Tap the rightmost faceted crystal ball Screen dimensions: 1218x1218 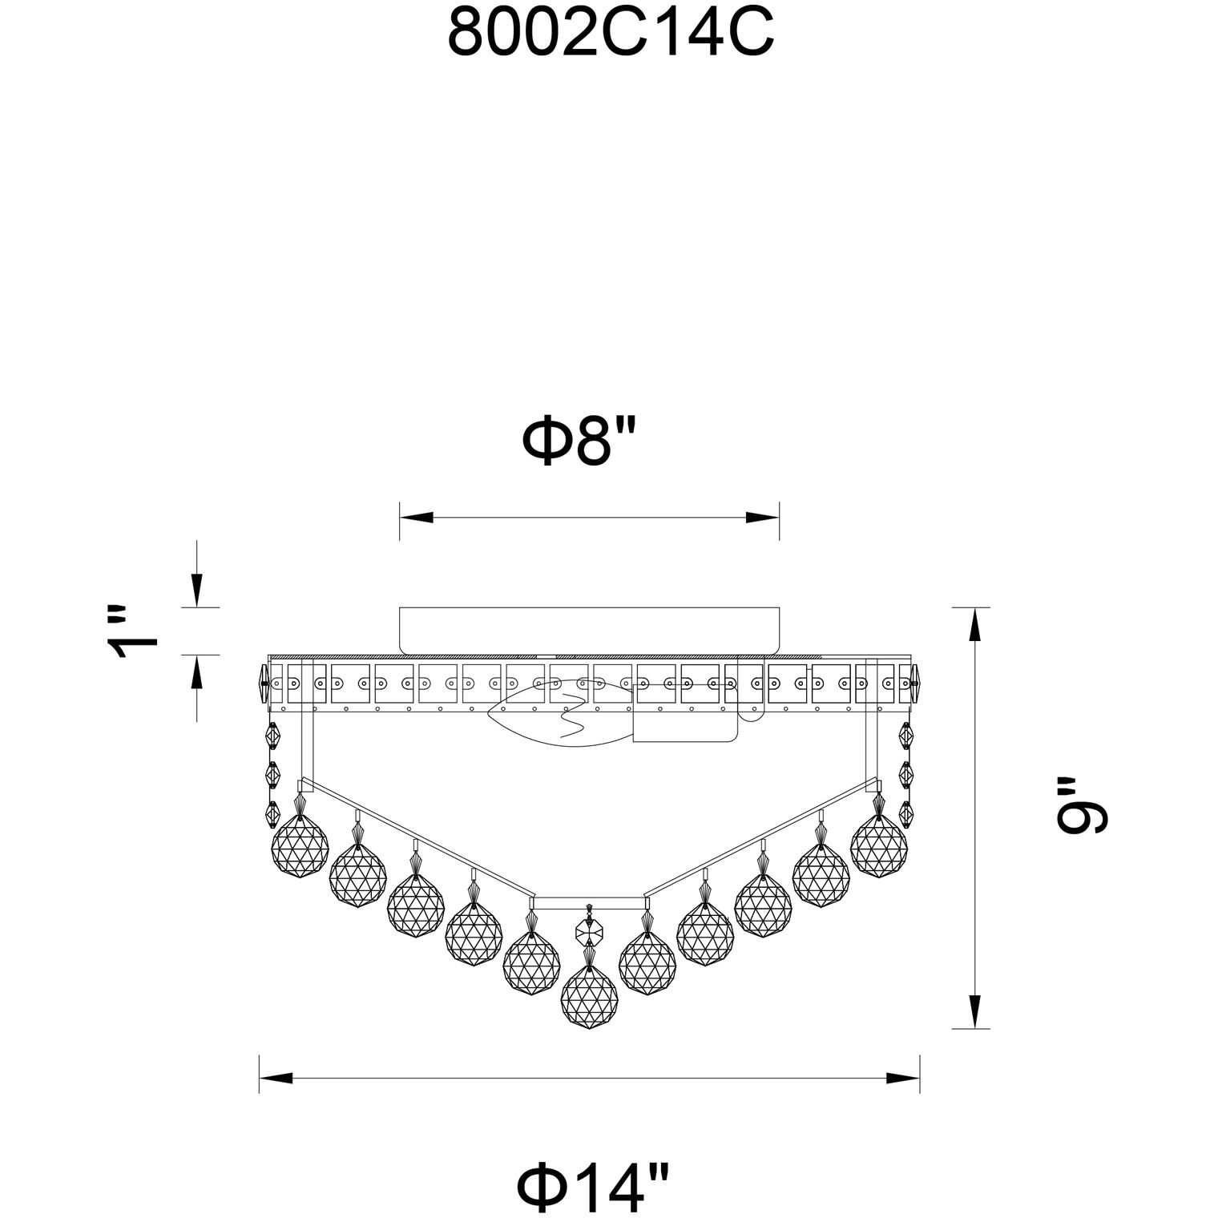[878, 847]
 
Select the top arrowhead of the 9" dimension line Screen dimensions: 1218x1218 [974, 624]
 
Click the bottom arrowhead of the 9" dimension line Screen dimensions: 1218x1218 [974, 1011]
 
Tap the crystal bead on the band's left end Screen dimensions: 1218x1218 [261, 684]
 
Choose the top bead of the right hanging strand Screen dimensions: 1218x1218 [907, 735]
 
